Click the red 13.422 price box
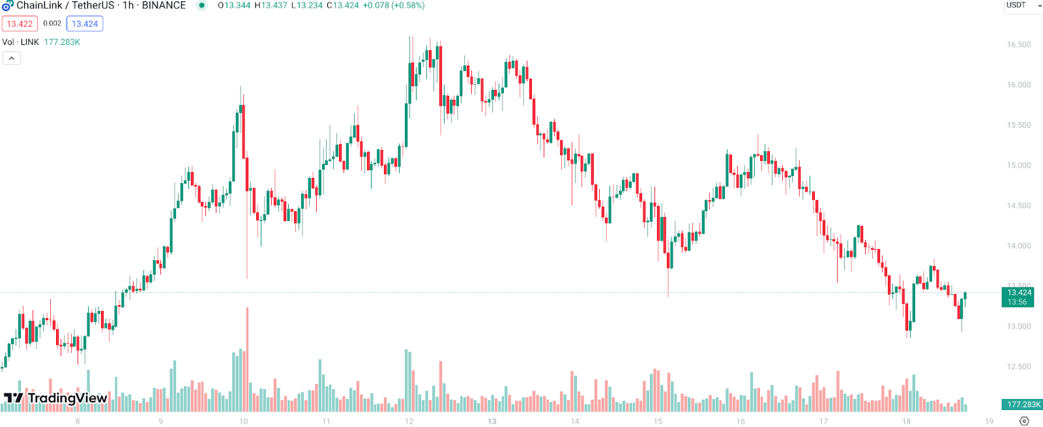point(20,24)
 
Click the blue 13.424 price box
point(85,24)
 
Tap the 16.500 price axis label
point(1018,45)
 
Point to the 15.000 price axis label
point(1018,166)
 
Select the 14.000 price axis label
point(1018,246)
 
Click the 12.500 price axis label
point(1018,366)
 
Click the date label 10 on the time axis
point(243,421)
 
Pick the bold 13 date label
point(492,421)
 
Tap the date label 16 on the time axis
point(741,421)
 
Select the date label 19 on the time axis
point(989,421)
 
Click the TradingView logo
point(55,398)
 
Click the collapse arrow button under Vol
point(12,58)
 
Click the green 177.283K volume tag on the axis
point(1023,405)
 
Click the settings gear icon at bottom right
point(1024,421)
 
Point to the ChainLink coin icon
point(7,5)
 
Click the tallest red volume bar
point(247,359)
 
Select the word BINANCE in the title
point(164,5)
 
